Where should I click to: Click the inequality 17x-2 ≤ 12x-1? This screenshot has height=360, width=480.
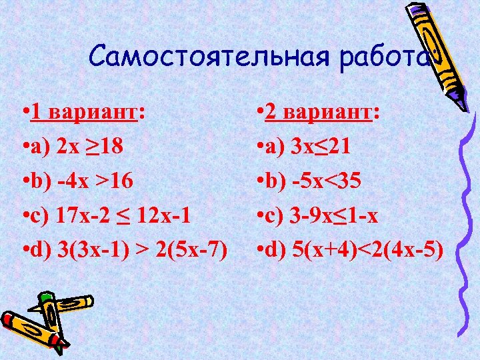pyautogui.click(x=127, y=216)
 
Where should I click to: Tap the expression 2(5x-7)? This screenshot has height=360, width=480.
pyautogui.click(x=191, y=251)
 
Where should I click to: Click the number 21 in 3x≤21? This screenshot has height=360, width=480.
pyautogui.click(x=353, y=147)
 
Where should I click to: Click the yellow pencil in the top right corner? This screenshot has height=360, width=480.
pyautogui.click(x=427, y=47)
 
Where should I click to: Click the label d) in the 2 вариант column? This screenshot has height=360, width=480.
pyautogui.click(x=277, y=251)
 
